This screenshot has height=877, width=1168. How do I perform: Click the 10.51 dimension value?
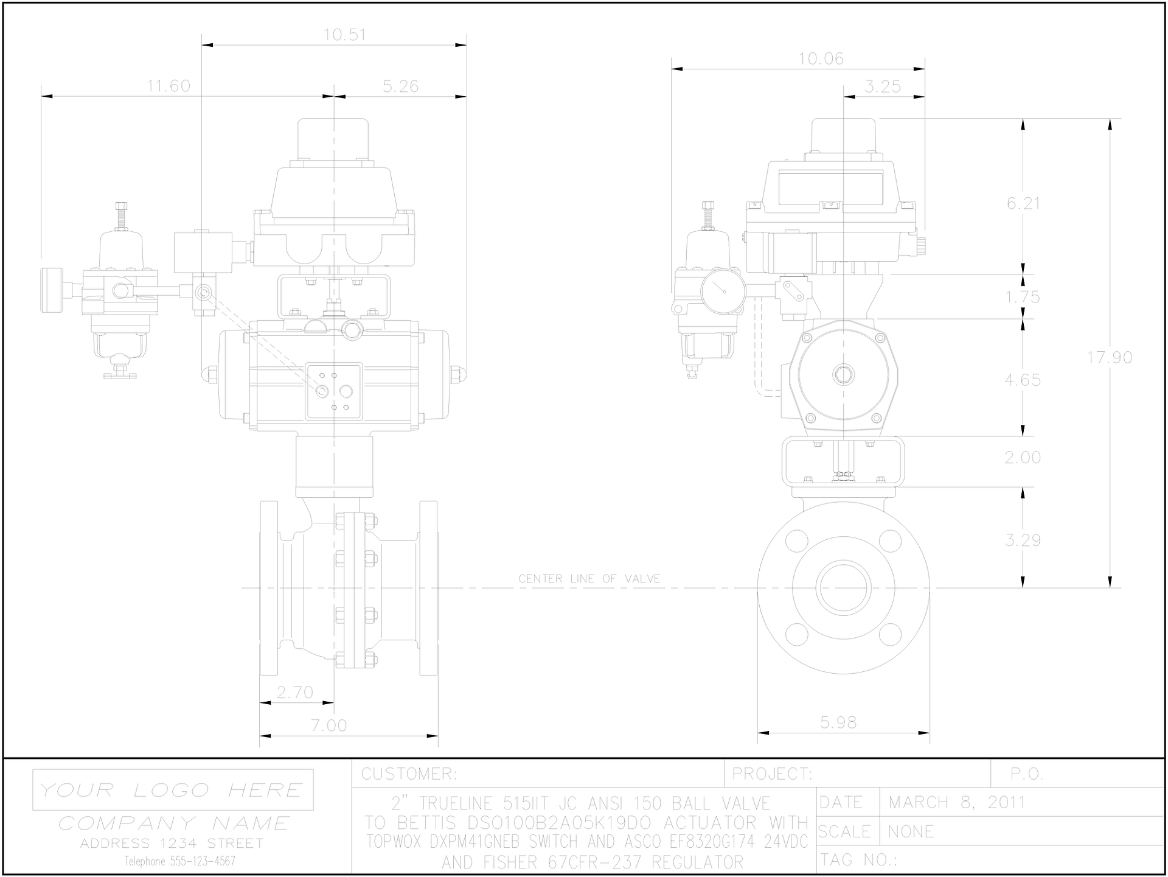(344, 35)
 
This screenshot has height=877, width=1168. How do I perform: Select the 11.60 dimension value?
(169, 86)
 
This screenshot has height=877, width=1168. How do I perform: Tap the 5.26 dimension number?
(400, 86)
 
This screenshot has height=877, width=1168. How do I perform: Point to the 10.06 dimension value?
(821, 59)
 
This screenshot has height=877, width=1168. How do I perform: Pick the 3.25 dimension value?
(882, 86)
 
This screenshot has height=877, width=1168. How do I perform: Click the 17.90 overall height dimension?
(1110, 357)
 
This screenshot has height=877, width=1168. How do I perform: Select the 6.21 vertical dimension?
(1023, 203)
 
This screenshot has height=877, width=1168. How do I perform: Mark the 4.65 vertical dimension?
(1023, 380)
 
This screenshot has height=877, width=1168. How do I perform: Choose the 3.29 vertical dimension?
(1023, 540)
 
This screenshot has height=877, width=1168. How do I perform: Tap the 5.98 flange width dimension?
(838, 722)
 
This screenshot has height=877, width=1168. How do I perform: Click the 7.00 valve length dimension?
(328, 725)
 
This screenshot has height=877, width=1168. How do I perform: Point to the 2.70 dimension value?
(294, 692)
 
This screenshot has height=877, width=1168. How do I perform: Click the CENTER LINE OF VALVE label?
(589, 579)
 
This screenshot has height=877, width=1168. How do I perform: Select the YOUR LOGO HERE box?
(173, 790)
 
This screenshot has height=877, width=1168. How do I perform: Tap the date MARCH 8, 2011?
(957, 802)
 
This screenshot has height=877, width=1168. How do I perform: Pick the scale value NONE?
(911, 831)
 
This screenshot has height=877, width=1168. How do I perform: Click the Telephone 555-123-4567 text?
(180, 861)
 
